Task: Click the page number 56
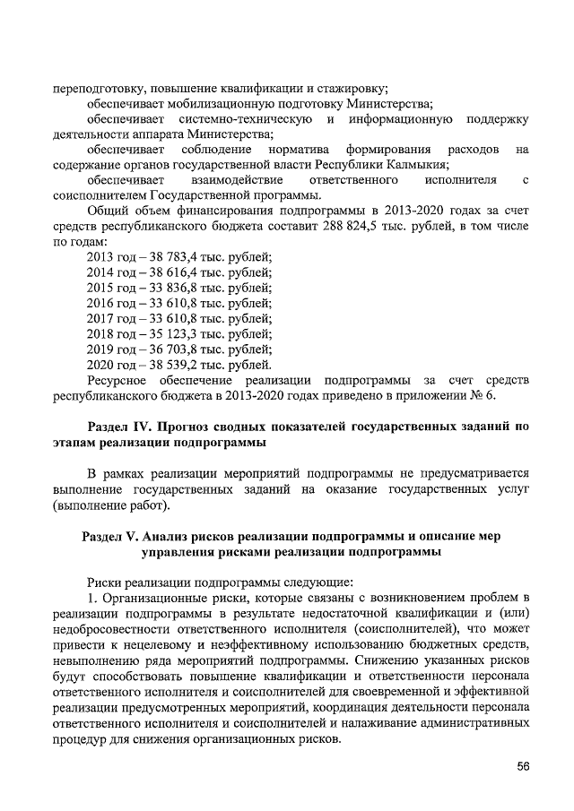(523, 766)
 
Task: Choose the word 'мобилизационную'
(213, 104)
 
